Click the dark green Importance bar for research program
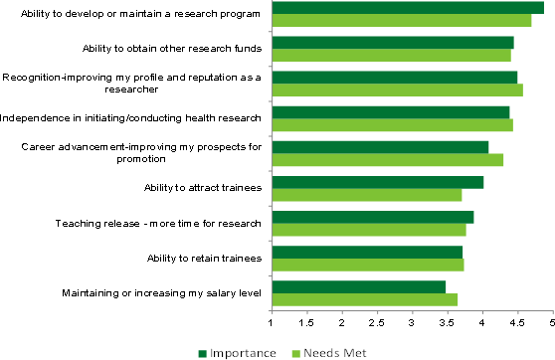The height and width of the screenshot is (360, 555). [408, 8]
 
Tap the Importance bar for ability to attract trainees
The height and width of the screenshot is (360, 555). [377, 182]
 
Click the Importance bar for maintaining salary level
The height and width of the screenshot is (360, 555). [358, 286]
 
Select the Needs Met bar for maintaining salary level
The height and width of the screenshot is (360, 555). [364, 298]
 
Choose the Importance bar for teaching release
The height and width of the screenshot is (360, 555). [372, 217]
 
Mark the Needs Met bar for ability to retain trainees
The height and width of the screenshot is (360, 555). [367, 264]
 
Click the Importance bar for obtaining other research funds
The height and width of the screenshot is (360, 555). [392, 43]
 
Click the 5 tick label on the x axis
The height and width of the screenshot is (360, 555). [553, 322]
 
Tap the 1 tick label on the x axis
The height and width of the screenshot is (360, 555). [272, 322]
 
